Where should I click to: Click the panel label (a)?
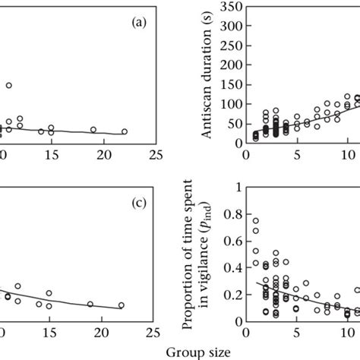point(138,24)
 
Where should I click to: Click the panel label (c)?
point(138,204)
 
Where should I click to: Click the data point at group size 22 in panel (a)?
point(125,131)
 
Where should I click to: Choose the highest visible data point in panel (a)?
point(9,86)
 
